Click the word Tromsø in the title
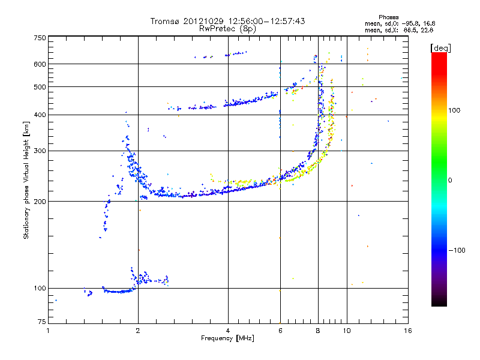pyautogui.click(x=165, y=21)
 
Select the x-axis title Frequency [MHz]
pyautogui.click(x=227, y=338)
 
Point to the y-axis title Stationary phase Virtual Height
pyautogui.click(x=26, y=180)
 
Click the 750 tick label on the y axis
pyautogui.click(x=40, y=38)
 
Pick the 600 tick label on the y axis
pyautogui.click(x=40, y=64)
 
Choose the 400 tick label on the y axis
pyautogui.click(x=40, y=115)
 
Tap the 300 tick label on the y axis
pyautogui.click(x=40, y=151)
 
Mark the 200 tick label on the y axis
pyautogui.click(x=40, y=202)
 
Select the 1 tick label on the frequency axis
pyautogui.click(x=48, y=330)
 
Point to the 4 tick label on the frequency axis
pyautogui.click(x=228, y=330)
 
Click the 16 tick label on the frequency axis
pyautogui.click(x=407, y=330)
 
